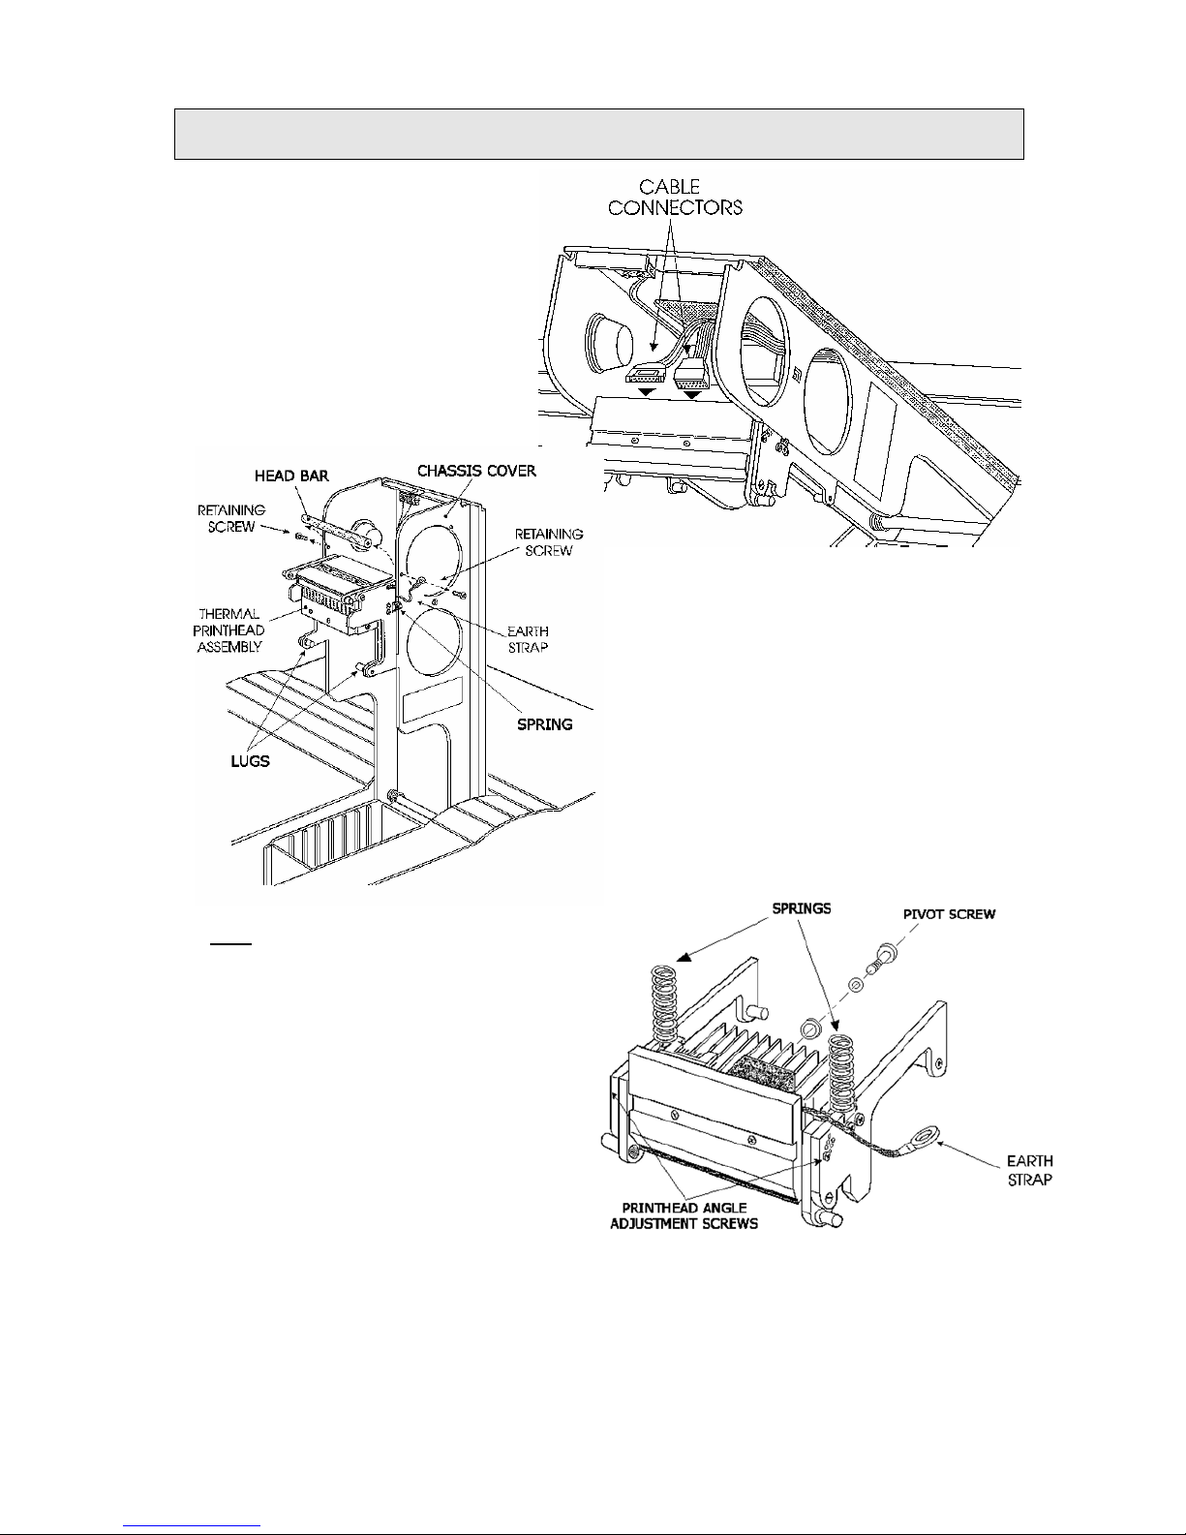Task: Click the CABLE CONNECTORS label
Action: [x=675, y=198]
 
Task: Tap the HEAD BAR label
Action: [x=291, y=476]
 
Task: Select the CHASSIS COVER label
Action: [x=476, y=471]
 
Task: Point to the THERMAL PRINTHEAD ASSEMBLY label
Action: [x=228, y=630]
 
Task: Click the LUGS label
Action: [x=250, y=761]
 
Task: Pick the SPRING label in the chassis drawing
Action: [x=544, y=724]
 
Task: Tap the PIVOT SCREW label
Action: [x=949, y=914]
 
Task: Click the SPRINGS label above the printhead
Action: [x=802, y=908]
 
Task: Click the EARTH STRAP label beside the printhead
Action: [x=1029, y=1170]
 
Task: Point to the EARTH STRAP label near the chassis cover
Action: [x=528, y=639]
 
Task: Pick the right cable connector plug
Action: [x=689, y=376]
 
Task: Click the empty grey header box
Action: [x=598, y=135]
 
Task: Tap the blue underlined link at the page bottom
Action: [x=192, y=1524]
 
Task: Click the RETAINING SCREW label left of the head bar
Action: [x=230, y=518]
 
